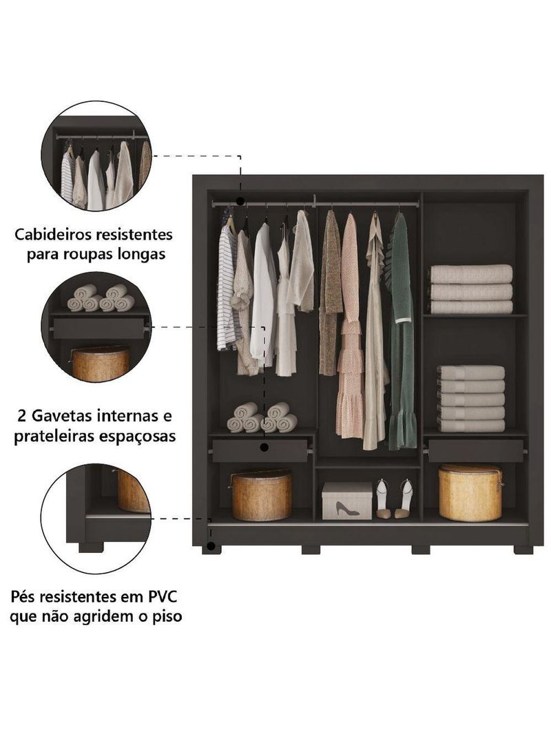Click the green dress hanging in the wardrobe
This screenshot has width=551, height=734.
tap(402, 330)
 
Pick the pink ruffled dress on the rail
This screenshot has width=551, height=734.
tap(350, 325)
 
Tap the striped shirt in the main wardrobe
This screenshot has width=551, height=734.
tap(227, 286)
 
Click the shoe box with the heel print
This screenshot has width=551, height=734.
tap(346, 501)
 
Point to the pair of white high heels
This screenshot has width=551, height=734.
tap(395, 499)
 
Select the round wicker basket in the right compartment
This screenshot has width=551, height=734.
tap(470, 492)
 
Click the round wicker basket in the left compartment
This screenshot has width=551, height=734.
tap(262, 495)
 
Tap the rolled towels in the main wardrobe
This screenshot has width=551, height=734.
tap(262, 417)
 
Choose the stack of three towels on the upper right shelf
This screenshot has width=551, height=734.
tap(471, 289)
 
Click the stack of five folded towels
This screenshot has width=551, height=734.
tap(471, 399)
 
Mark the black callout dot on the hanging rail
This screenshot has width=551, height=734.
tap(240, 201)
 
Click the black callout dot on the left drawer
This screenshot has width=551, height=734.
tap(264, 448)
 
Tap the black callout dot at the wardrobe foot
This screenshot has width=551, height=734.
tap(211, 546)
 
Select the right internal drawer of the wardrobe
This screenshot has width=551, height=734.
tap(476, 451)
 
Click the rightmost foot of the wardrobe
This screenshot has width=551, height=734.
tap(523, 550)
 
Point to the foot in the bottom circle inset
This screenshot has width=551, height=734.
tap(91, 547)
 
